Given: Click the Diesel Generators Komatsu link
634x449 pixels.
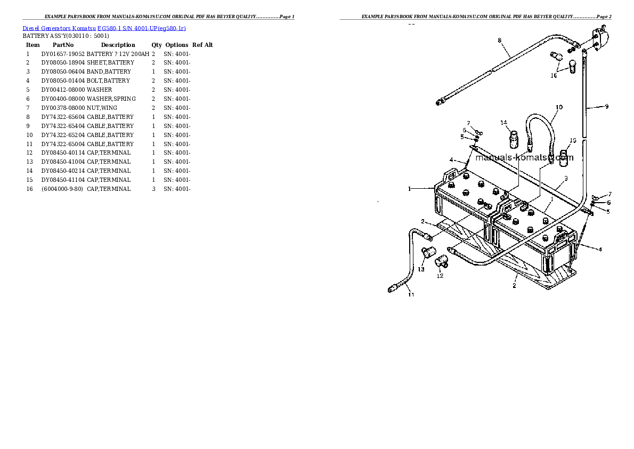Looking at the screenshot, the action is [x=59, y=28].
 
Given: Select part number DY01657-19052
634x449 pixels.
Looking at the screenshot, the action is [x=63, y=54].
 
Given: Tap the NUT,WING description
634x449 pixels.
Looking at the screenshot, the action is [x=102, y=108].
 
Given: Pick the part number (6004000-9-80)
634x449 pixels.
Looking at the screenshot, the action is [x=62, y=189].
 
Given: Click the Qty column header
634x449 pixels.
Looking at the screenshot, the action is [x=157, y=45].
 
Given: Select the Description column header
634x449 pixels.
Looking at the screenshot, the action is [x=118, y=45].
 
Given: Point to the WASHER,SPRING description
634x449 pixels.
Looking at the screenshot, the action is [x=111, y=99].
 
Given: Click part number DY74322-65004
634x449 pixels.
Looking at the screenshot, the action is [x=63, y=144].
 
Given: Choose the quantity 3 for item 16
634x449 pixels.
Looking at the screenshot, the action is [x=153, y=189].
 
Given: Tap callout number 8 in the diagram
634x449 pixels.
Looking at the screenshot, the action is [x=500, y=41].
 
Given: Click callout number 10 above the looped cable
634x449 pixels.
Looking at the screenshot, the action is [x=559, y=107].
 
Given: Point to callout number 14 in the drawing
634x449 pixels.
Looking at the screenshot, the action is [x=503, y=123].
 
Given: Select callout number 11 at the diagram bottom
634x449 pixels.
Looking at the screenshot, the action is [x=411, y=295].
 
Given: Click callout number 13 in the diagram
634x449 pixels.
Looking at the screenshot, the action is [x=421, y=270].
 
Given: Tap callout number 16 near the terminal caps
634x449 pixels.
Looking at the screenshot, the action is [x=554, y=76].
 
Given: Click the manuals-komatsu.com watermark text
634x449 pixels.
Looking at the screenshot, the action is [x=524, y=157].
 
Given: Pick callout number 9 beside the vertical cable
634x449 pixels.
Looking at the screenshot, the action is [x=606, y=107].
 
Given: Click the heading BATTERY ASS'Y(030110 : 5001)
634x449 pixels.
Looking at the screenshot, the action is [x=66, y=36].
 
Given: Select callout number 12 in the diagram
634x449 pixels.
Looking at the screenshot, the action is [x=440, y=276].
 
